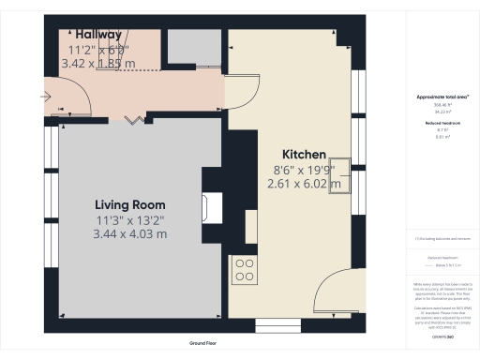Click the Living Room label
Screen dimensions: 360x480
(129, 204)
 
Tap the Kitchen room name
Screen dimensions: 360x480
(305, 155)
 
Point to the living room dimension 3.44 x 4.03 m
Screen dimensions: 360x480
(129, 233)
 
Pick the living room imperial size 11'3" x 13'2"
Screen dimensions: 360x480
(129, 219)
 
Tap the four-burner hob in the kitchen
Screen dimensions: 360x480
(246, 270)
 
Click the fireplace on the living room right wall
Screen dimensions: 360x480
(213, 206)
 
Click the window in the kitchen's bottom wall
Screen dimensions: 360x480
(275, 325)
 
